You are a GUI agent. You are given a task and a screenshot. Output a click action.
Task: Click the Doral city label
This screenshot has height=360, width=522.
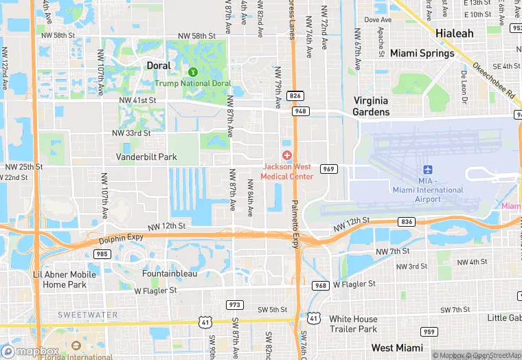[x=159, y=65]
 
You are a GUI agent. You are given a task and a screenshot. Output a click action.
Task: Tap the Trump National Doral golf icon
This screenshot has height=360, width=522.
[x=193, y=71]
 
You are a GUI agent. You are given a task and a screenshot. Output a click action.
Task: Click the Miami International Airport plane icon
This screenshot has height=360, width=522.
[x=428, y=170]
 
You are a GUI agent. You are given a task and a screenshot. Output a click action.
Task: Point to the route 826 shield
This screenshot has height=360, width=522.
[x=296, y=96]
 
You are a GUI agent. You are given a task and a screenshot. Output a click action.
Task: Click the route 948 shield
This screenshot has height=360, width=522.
[x=300, y=111]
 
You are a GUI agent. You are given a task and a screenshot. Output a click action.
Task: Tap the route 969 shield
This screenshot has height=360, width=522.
[x=328, y=169]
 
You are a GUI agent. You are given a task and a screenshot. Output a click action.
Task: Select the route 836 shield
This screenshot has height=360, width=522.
[x=407, y=221]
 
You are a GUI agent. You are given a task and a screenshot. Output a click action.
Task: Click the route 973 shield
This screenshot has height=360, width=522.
[x=235, y=304]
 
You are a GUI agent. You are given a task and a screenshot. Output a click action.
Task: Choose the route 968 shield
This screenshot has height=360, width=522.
[x=321, y=285]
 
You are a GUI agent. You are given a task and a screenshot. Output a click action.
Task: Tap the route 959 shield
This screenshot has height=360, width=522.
[x=429, y=332]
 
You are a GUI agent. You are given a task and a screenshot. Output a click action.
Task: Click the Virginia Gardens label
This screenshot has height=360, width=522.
[x=372, y=106]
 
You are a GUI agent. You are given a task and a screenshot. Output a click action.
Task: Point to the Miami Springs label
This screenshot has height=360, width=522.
[x=422, y=53]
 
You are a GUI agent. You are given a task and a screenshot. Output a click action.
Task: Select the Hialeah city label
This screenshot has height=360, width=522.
[x=454, y=33]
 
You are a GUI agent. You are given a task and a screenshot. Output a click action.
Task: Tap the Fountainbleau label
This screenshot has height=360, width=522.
[x=170, y=273]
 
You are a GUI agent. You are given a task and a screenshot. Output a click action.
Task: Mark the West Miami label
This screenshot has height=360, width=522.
[x=392, y=348]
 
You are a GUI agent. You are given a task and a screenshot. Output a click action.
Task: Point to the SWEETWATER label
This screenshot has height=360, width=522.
[x=87, y=315]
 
